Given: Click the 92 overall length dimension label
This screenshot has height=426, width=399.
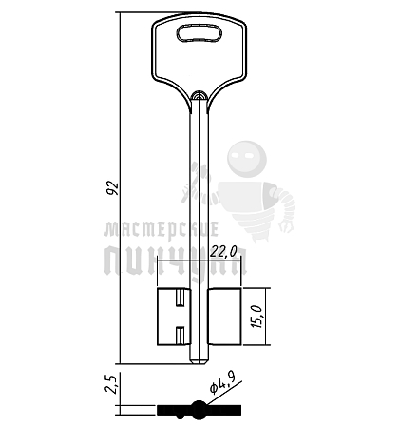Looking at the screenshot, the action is (x=112, y=188).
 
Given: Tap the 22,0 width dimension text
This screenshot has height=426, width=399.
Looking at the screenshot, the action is (x=223, y=252).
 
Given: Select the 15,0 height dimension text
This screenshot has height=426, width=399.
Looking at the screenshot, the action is (x=256, y=317).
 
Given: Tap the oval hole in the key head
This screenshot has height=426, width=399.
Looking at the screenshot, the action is (x=199, y=33).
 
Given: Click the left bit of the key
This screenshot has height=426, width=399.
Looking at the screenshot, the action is (x=174, y=317).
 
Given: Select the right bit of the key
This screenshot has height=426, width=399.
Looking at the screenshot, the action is (x=225, y=317).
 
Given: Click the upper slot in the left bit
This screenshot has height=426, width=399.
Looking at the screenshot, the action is (x=180, y=298).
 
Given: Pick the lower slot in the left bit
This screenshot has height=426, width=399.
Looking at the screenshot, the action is (x=180, y=335).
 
